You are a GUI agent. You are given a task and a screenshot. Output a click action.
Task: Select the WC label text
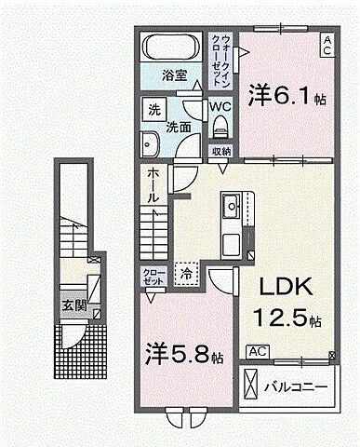220,106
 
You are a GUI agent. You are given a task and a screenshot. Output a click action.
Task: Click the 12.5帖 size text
287,319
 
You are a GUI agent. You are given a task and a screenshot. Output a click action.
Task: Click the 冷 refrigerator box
187,275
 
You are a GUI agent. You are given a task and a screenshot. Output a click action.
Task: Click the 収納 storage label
220,152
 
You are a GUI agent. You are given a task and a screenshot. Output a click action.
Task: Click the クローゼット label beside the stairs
152,276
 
